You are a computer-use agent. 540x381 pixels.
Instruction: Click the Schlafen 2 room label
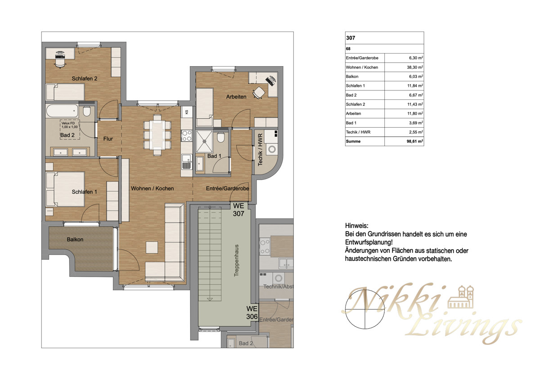point(85,78)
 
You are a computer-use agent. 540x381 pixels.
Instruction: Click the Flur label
point(108,139)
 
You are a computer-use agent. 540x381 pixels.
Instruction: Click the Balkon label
point(75,239)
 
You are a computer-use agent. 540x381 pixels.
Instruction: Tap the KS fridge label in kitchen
point(187,111)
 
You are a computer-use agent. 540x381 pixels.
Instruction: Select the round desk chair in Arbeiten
point(258,92)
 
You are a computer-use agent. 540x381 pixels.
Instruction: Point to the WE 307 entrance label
point(238,210)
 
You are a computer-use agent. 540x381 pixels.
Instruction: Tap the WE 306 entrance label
point(252,313)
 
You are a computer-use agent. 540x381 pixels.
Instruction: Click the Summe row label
point(353,141)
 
